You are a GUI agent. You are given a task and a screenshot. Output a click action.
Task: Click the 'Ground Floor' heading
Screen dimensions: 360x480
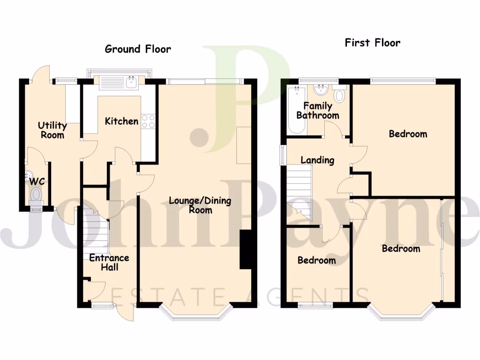(x=138, y=49)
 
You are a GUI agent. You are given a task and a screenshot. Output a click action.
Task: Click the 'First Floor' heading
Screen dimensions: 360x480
(x=373, y=43)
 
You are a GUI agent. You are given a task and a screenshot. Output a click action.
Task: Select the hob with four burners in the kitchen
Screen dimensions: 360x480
(x=148, y=121)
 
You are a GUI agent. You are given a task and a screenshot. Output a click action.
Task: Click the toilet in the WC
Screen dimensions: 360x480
(x=36, y=194)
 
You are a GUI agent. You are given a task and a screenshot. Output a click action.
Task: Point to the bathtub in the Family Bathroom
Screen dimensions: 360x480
(x=297, y=110)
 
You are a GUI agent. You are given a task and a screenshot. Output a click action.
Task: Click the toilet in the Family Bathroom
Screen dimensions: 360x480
(x=339, y=95)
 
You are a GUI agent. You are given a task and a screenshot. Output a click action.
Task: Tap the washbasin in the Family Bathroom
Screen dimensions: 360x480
(x=321, y=89)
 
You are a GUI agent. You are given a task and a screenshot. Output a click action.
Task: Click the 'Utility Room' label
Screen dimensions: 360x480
(x=52, y=130)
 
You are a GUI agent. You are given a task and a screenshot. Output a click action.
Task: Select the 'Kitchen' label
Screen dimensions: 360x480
(x=121, y=121)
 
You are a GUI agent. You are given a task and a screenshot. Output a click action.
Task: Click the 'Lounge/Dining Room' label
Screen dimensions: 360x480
(x=200, y=205)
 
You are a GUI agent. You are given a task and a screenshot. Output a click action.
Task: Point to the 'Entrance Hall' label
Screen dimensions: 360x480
(x=109, y=262)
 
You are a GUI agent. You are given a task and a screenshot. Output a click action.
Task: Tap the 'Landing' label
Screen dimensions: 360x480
(x=317, y=160)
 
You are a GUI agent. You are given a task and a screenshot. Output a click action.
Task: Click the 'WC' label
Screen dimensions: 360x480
(x=37, y=181)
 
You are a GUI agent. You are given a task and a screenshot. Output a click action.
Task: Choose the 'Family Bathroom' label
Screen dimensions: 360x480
(x=317, y=111)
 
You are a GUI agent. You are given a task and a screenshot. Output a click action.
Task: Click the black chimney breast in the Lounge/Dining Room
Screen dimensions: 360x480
(x=246, y=249)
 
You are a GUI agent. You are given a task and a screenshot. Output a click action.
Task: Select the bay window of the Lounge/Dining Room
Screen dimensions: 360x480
(x=196, y=316)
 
